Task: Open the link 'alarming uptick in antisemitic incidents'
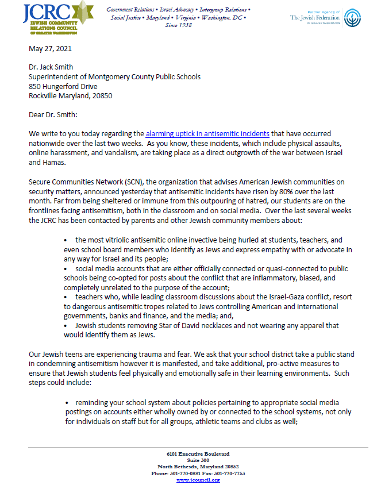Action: (207, 134)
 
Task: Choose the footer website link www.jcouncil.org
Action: (198, 480)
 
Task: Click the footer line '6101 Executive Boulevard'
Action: (198, 454)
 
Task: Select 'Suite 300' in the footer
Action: (198, 460)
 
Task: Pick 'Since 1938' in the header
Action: (178, 25)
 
